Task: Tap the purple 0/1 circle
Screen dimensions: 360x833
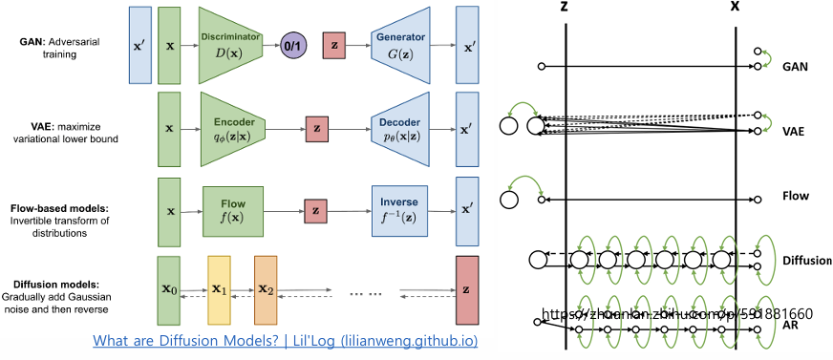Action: tap(291, 45)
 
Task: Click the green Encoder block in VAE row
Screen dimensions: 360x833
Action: tap(232, 126)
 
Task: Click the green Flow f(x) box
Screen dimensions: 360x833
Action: tap(232, 208)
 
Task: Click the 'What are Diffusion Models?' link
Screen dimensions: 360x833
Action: tap(285, 341)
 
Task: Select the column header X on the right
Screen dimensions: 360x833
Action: tap(735, 8)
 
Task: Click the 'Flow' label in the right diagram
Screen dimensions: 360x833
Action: tap(795, 196)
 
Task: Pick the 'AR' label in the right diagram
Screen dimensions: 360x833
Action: tap(791, 325)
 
